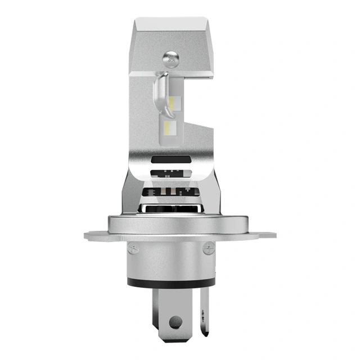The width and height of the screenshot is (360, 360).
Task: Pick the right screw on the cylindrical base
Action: coord(208,246)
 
